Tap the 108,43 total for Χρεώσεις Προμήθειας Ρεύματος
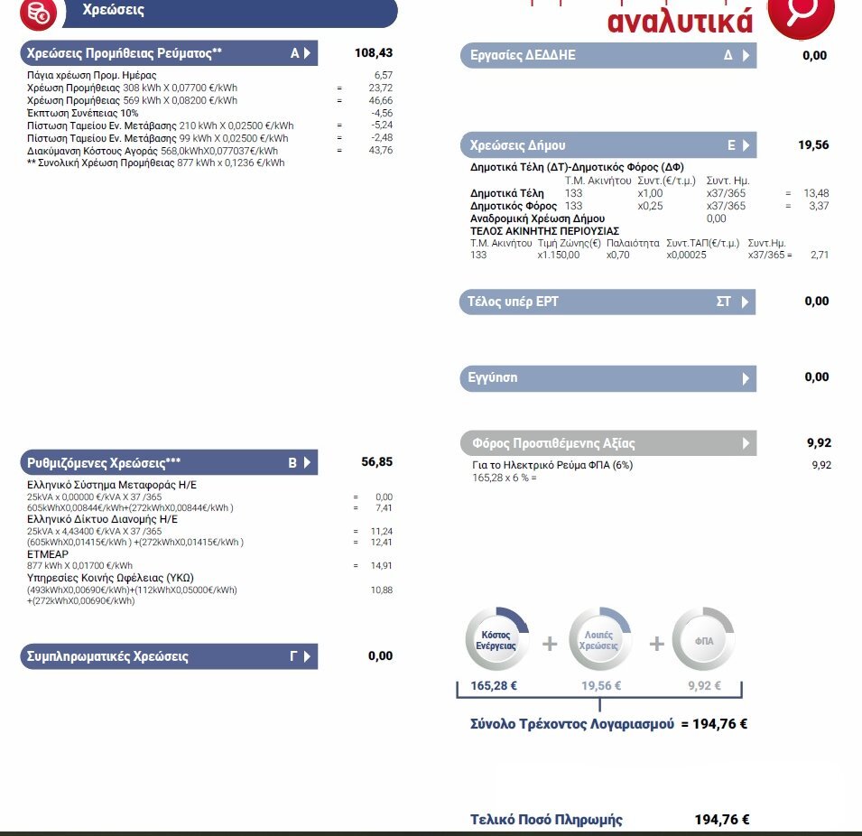pos(374,53)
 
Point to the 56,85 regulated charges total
pos(377,462)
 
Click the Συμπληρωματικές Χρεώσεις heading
pos(104,656)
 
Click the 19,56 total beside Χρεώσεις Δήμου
pos(813,144)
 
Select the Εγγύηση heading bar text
pos(494,377)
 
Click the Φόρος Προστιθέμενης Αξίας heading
pos(553,443)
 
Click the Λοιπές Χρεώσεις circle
pos(600,641)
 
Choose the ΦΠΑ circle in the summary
pos(704,641)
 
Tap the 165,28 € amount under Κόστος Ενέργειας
pos(494,686)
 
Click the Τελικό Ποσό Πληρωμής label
pos(546,820)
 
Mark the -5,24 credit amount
pos(381,125)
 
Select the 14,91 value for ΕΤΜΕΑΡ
pos(382,566)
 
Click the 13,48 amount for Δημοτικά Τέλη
pos(816,193)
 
